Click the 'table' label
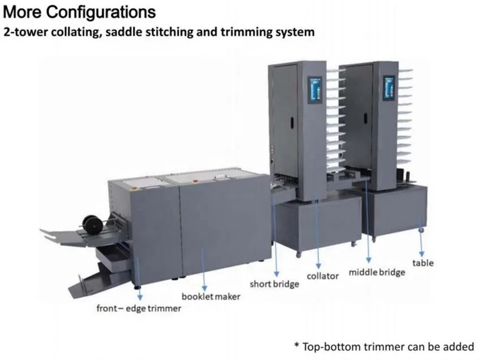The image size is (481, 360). point(423,263)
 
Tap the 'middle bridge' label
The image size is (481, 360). point(377,272)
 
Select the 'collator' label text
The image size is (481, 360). point(323,276)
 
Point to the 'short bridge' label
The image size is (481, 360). point(274,284)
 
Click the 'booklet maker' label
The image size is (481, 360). point(211,297)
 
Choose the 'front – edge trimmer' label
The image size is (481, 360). point(139,308)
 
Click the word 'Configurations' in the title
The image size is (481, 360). point(101,12)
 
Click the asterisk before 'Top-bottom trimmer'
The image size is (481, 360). point(297,345)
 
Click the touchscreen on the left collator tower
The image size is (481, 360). point(315,89)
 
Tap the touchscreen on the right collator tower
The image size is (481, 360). point(389,88)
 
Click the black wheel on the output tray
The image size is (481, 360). point(92,224)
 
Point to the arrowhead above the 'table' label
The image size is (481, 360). point(422,254)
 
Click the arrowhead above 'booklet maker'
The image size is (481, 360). point(204,288)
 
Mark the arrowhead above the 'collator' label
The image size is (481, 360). point(319,266)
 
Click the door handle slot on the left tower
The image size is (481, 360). point(292,123)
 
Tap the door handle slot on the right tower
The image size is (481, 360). point(366,119)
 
